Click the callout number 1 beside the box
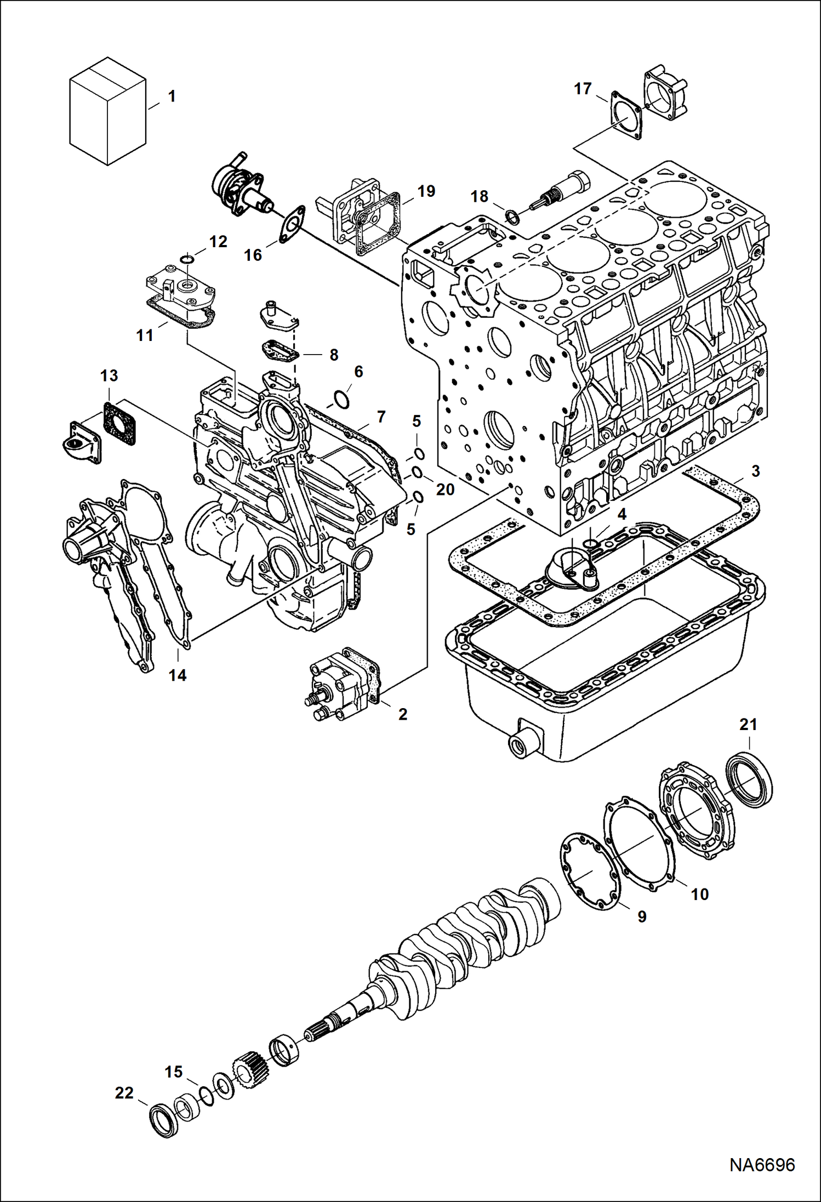coord(172,96)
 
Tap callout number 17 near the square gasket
coord(583,88)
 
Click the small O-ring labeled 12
coord(187,258)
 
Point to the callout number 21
coord(748,724)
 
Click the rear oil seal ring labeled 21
coord(750,780)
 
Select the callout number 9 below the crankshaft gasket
coord(642,916)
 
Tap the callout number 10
coord(699,894)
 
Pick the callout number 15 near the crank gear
coord(174,1072)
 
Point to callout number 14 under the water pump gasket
coord(178,675)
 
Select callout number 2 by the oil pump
coord(403,714)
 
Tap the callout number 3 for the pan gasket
coord(755,471)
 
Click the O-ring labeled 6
coord(341,400)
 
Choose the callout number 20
coord(445,489)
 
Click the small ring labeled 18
coord(512,217)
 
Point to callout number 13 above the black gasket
coord(109,376)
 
